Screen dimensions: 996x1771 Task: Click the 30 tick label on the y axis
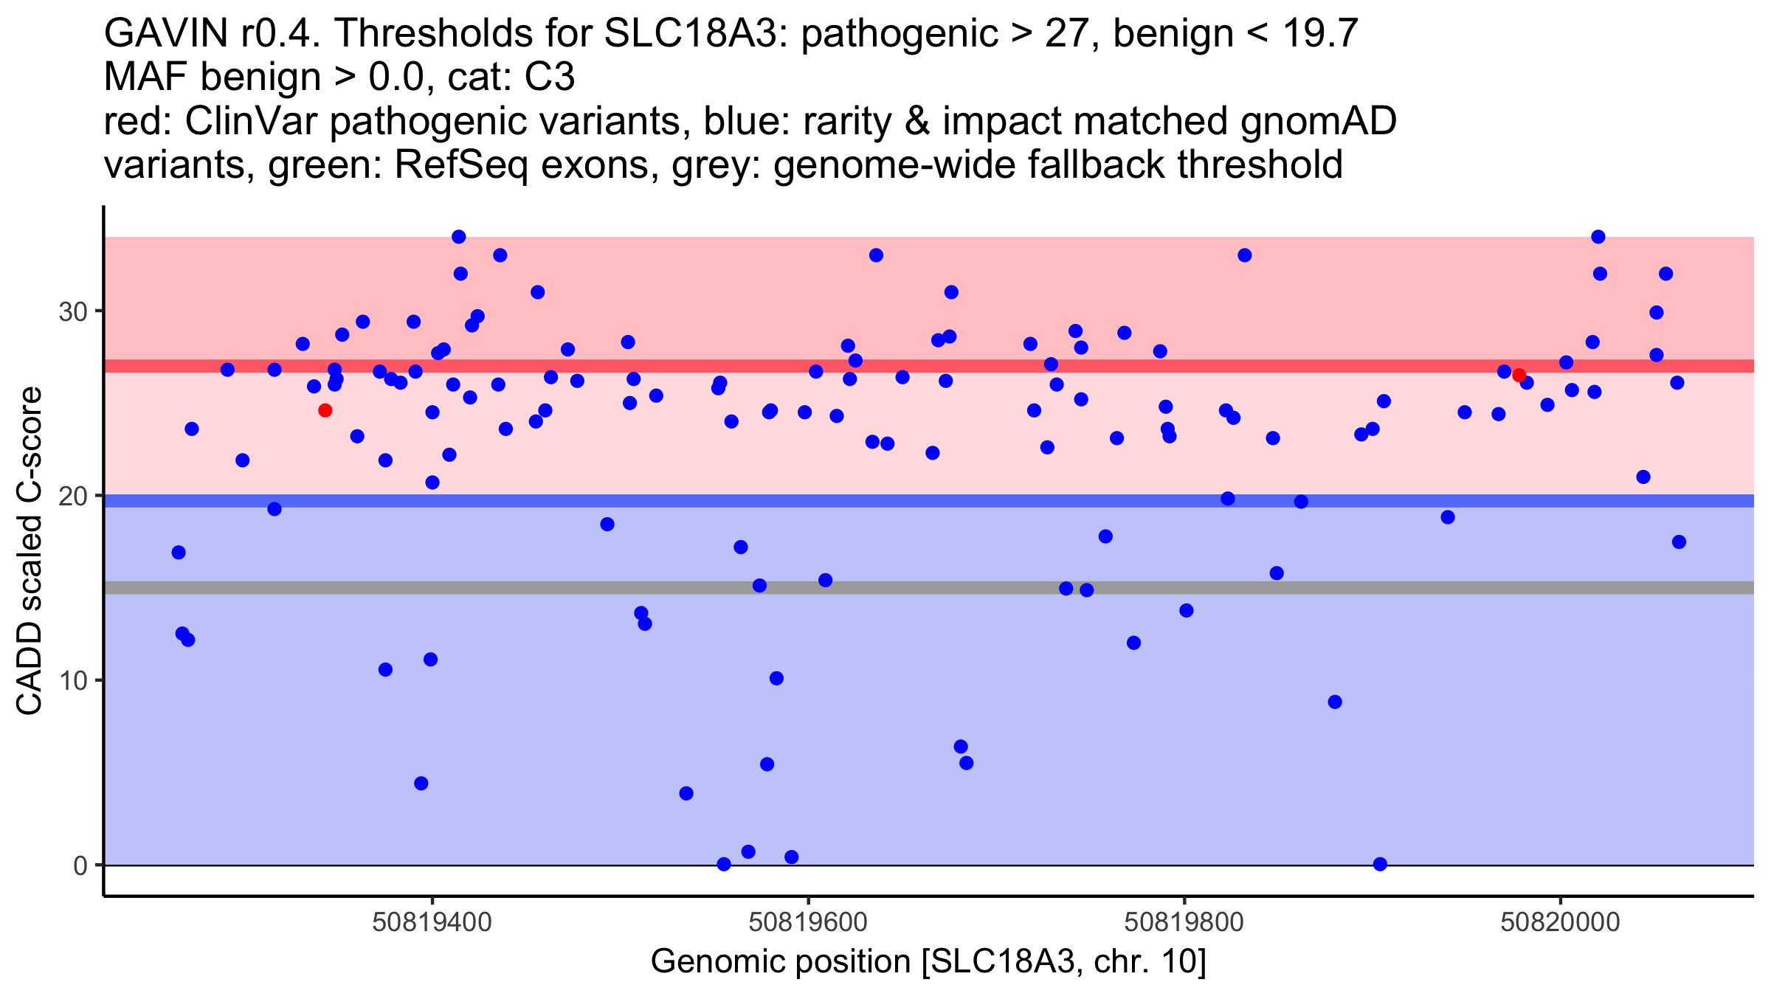point(73,311)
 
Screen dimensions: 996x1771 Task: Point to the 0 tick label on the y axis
point(80,865)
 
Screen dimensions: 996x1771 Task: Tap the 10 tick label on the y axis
point(73,680)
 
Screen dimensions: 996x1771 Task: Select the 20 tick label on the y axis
point(73,496)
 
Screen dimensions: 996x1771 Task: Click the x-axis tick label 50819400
point(432,922)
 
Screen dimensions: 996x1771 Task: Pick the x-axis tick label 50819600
point(809,922)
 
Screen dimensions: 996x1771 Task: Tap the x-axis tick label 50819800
point(1185,922)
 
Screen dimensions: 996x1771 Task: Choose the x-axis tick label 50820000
point(1561,922)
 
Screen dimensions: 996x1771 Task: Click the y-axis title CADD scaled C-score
point(30,551)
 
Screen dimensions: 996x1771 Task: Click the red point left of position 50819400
point(325,410)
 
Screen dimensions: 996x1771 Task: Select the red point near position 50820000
point(1519,376)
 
